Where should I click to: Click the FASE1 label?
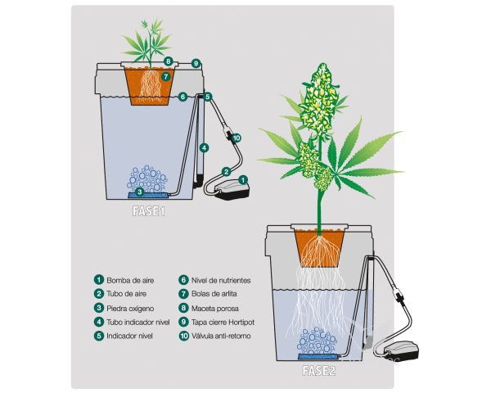point(149,211)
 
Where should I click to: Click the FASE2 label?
point(319,371)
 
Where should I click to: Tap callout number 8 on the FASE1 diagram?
point(169,61)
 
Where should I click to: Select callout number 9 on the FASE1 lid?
point(196,64)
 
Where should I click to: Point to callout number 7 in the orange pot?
point(166,76)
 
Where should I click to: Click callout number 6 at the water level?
point(182,97)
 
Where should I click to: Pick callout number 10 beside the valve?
point(236,138)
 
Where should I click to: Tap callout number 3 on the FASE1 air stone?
point(140,192)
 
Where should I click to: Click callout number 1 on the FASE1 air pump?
point(243,180)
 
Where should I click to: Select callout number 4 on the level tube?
point(204,147)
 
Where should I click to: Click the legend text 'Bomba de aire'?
point(130,280)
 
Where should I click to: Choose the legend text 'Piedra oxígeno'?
point(130,309)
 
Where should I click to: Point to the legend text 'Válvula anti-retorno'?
point(221,336)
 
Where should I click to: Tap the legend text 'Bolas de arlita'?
point(214,294)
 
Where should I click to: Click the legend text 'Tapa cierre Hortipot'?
point(223,322)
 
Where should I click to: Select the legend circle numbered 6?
point(183,280)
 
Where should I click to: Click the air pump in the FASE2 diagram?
point(403,351)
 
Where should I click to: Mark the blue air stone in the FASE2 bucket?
point(319,356)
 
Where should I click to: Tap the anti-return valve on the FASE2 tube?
point(398,296)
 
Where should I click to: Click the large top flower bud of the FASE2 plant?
point(319,99)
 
